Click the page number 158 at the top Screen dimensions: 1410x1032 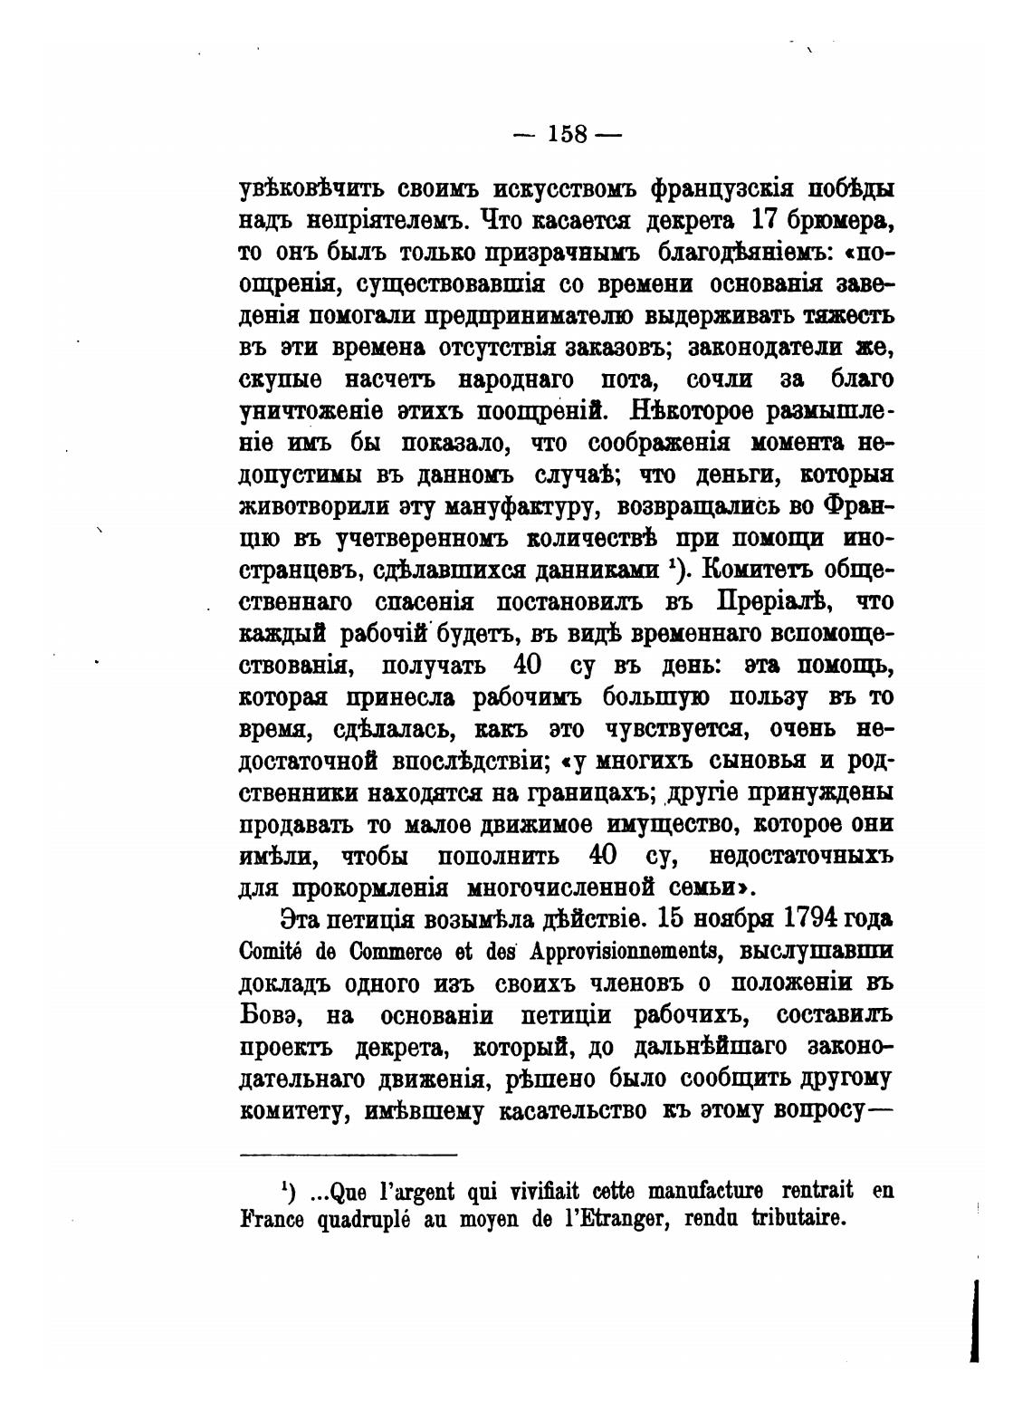click(x=568, y=134)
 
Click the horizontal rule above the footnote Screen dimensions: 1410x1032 click(x=349, y=1155)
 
